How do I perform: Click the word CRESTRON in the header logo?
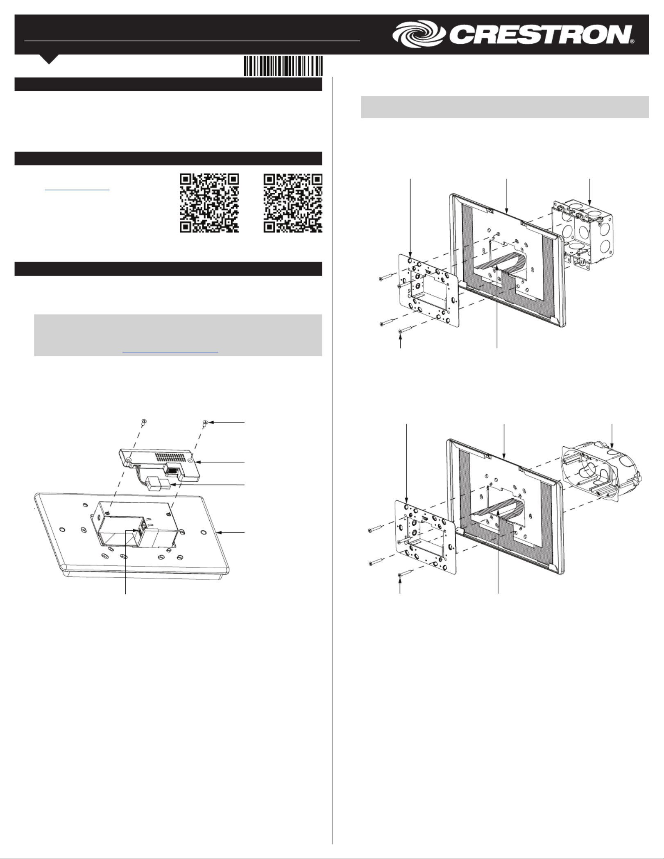click(540, 34)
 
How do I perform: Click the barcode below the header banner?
click(283, 66)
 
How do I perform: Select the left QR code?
click(209, 203)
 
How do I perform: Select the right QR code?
click(293, 203)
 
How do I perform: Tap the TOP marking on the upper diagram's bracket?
click(428, 272)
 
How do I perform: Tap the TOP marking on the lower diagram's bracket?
click(424, 518)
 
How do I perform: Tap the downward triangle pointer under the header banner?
click(49, 59)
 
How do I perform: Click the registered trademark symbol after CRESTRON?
click(632, 41)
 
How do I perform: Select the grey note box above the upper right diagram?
click(505, 107)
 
